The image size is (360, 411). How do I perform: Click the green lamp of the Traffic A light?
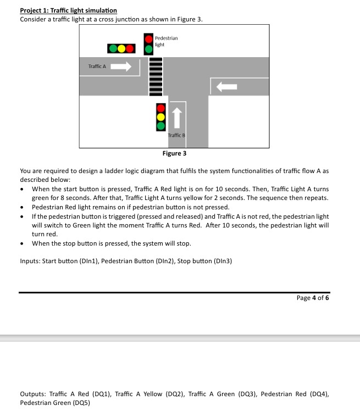112,48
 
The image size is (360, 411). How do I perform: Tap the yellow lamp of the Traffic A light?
121,48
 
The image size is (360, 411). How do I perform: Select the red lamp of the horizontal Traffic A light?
130,48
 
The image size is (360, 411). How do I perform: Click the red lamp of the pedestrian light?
148,38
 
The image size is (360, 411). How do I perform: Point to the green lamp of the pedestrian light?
148,48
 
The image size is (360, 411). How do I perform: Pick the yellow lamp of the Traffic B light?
160,116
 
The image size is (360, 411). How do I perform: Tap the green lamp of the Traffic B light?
160,125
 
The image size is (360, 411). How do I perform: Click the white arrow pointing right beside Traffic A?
122,67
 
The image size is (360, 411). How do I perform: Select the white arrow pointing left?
226,86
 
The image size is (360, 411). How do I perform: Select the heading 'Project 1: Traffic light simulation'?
68,10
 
